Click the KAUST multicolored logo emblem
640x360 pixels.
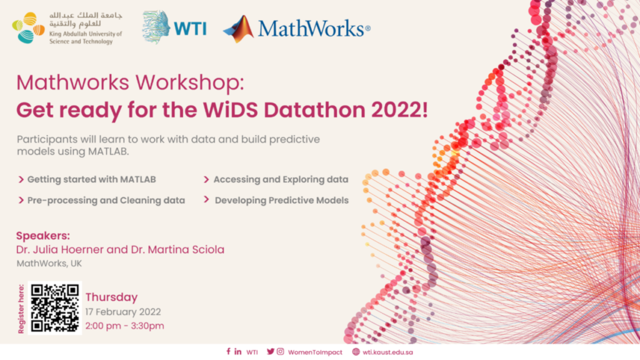[x=28, y=27]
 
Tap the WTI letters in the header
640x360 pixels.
[x=190, y=29]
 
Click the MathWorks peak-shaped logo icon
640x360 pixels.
[x=239, y=29]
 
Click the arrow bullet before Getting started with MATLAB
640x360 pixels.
[x=21, y=179]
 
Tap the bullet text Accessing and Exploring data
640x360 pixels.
[x=281, y=179]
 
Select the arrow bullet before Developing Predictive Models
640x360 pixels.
[x=206, y=199]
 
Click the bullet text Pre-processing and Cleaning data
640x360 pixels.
[x=106, y=201]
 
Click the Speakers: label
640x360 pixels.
[x=43, y=236]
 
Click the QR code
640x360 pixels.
[x=55, y=307]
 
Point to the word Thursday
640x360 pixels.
[x=111, y=297]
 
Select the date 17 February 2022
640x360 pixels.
[x=123, y=312]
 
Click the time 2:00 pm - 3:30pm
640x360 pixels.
[x=124, y=326]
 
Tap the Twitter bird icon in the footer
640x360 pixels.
[x=270, y=351]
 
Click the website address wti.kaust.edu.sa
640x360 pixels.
[x=387, y=352]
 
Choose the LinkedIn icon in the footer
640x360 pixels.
[x=238, y=351]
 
